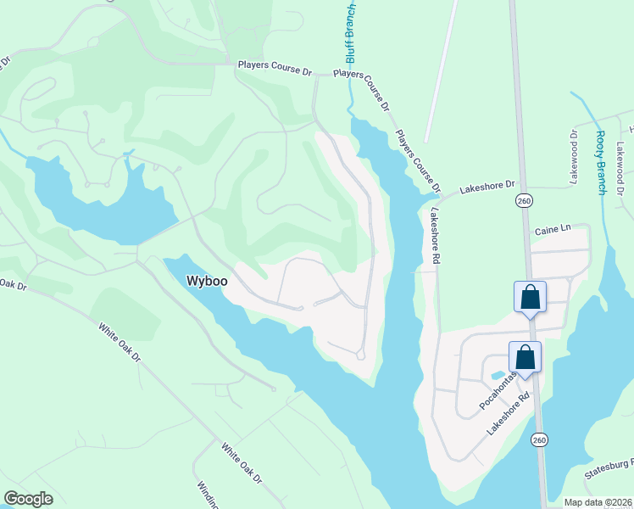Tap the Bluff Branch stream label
pos(351,31)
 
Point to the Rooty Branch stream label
pos(600,162)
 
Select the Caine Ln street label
pos(553,230)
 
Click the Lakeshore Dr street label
pos(487,184)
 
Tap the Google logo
pos(28,499)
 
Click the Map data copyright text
pos(598,501)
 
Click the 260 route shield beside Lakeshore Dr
pos(524,199)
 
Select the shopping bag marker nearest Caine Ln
pos(530,298)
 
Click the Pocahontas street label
pos(498,390)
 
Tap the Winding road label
pos(208,495)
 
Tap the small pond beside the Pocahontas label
pos(498,374)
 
